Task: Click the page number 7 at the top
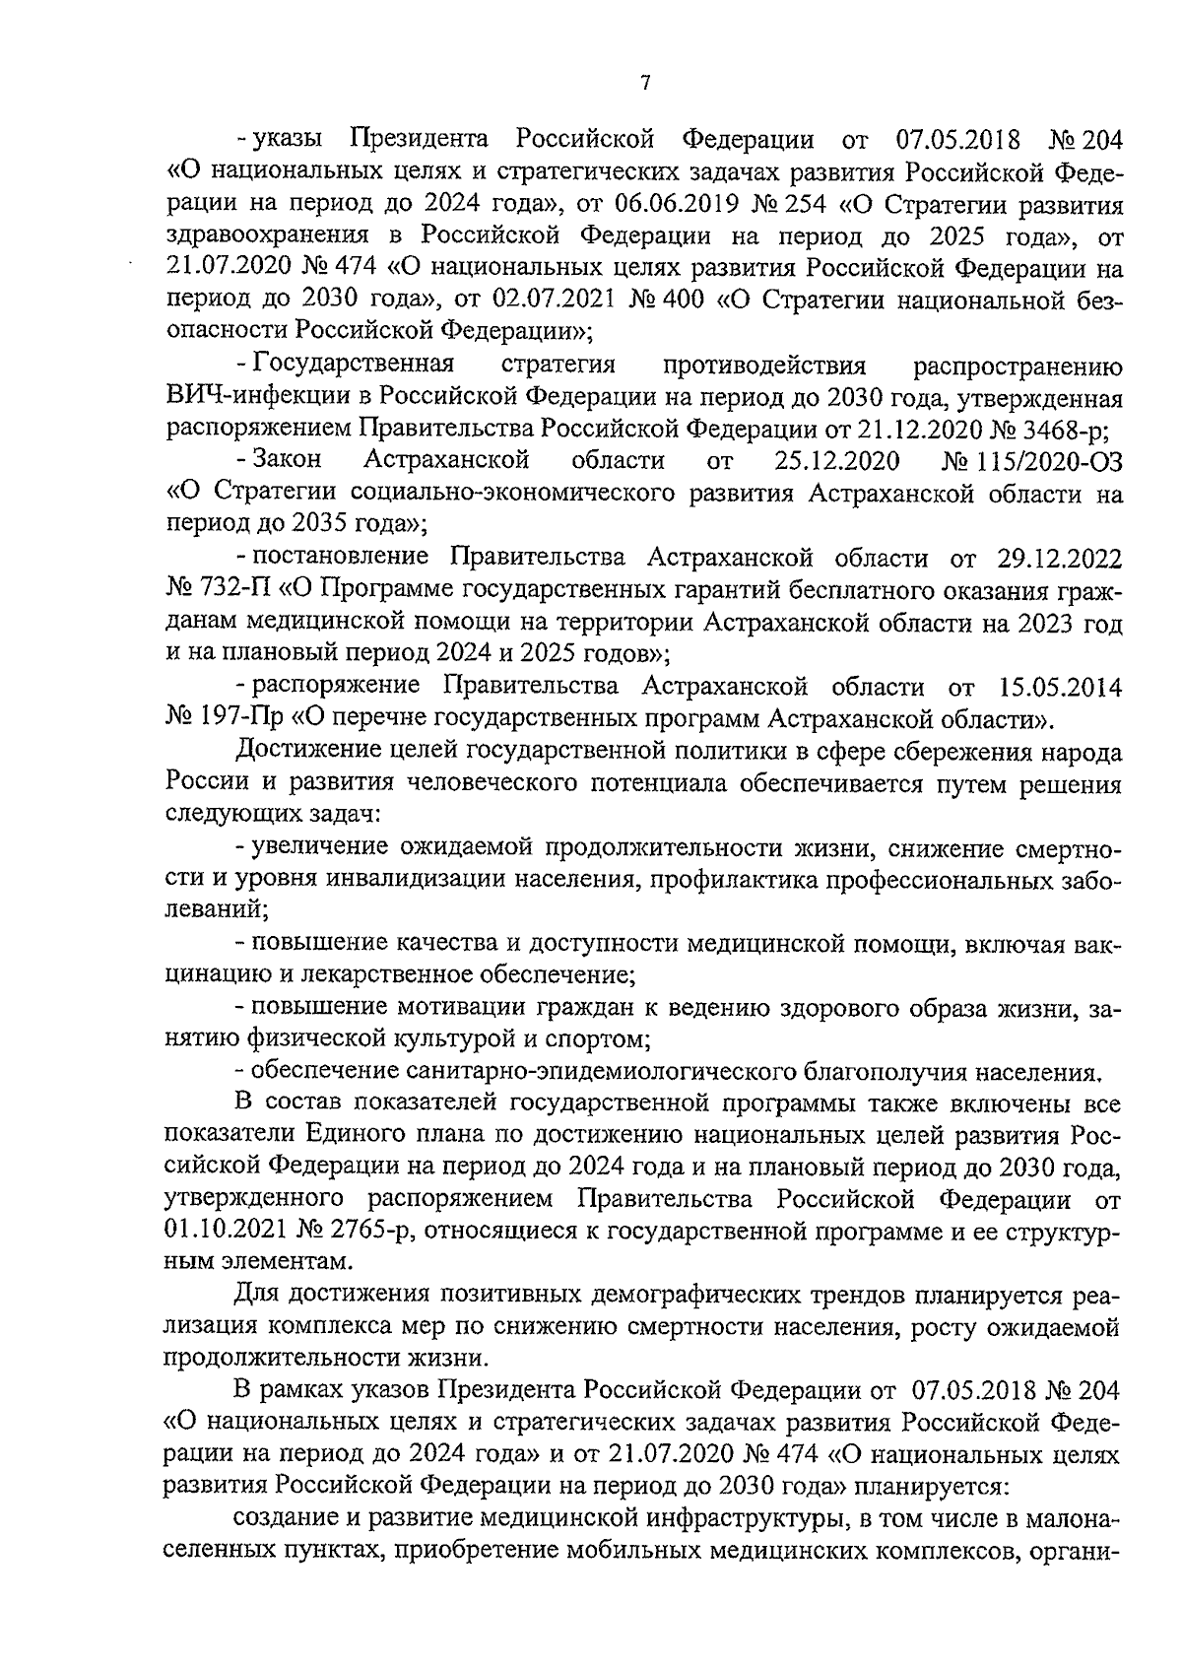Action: pos(645,83)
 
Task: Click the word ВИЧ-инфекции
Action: pos(256,398)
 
